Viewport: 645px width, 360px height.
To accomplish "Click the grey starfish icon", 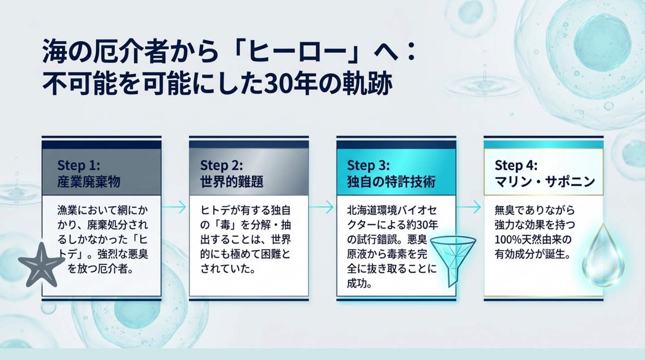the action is (41, 265).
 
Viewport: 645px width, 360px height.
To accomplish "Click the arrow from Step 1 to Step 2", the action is (174, 207).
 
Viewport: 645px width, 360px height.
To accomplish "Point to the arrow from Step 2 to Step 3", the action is (321, 207).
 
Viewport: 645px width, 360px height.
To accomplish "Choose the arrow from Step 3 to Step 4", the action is (469, 207).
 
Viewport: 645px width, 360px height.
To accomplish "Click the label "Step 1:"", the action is (79, 166).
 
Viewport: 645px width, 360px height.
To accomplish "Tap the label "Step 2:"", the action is (221, 166).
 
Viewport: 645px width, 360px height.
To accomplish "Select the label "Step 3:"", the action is (368, 166).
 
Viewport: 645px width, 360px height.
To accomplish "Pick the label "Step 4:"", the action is (516, 166).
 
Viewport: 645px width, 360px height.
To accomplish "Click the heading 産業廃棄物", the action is (89, 182).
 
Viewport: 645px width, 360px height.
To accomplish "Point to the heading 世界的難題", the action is (232, 182).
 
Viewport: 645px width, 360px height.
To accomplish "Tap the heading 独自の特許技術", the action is (391, 182).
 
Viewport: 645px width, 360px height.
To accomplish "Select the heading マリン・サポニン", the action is (545, 182).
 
